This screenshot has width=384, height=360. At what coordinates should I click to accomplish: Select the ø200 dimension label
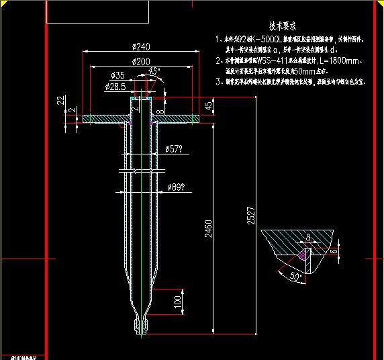140,62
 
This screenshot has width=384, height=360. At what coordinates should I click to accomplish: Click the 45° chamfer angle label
154,71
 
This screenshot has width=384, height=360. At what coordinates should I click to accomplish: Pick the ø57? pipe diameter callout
175,148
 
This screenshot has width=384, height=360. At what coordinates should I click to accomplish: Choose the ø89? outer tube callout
177,187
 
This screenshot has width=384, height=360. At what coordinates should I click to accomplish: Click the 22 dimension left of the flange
61,100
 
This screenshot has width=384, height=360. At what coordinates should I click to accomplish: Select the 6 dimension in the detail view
334,250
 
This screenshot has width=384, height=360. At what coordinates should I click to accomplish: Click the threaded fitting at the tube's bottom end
140,326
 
